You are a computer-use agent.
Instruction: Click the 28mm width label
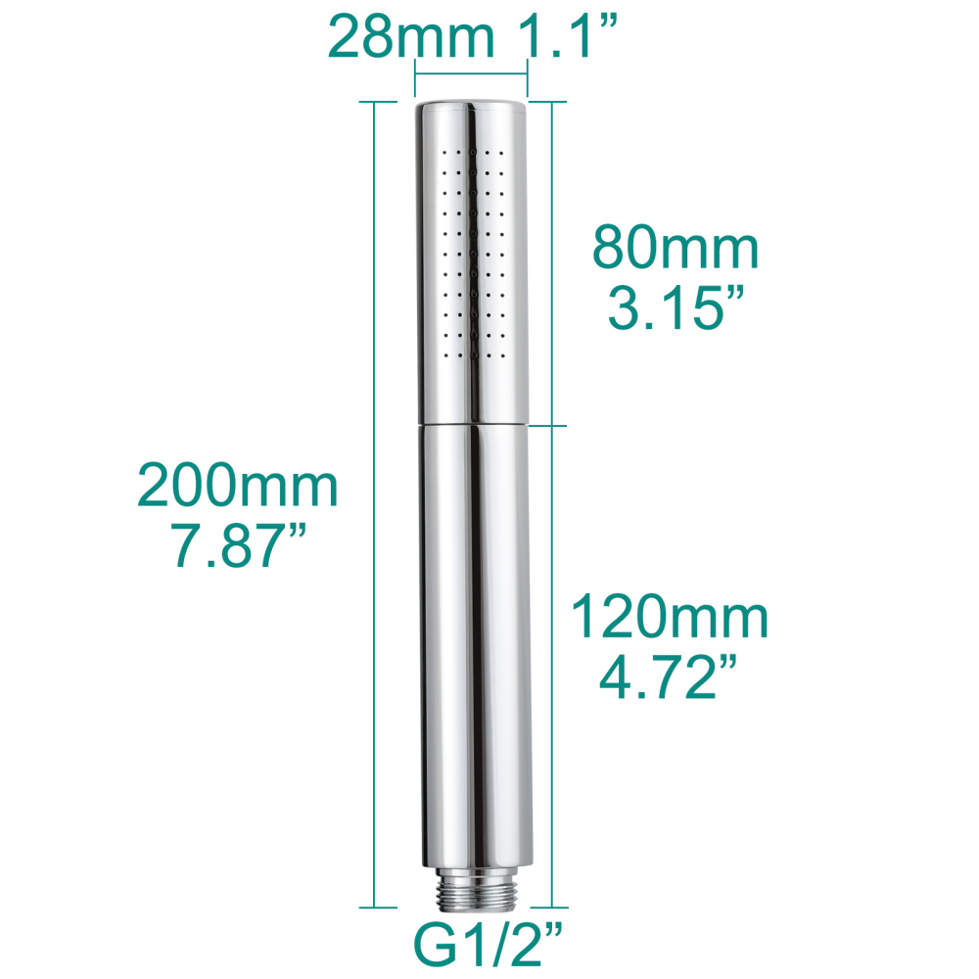click(x=410, y=37)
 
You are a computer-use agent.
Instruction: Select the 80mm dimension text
click(x=676, y=250)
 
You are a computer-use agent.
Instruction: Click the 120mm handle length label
click(x=671, y=618)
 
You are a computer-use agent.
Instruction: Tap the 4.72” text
click(x=671, y=678)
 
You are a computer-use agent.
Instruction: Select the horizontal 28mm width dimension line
click(x=472, y=74)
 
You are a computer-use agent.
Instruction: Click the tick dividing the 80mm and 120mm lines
click(x=553, y=426)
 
